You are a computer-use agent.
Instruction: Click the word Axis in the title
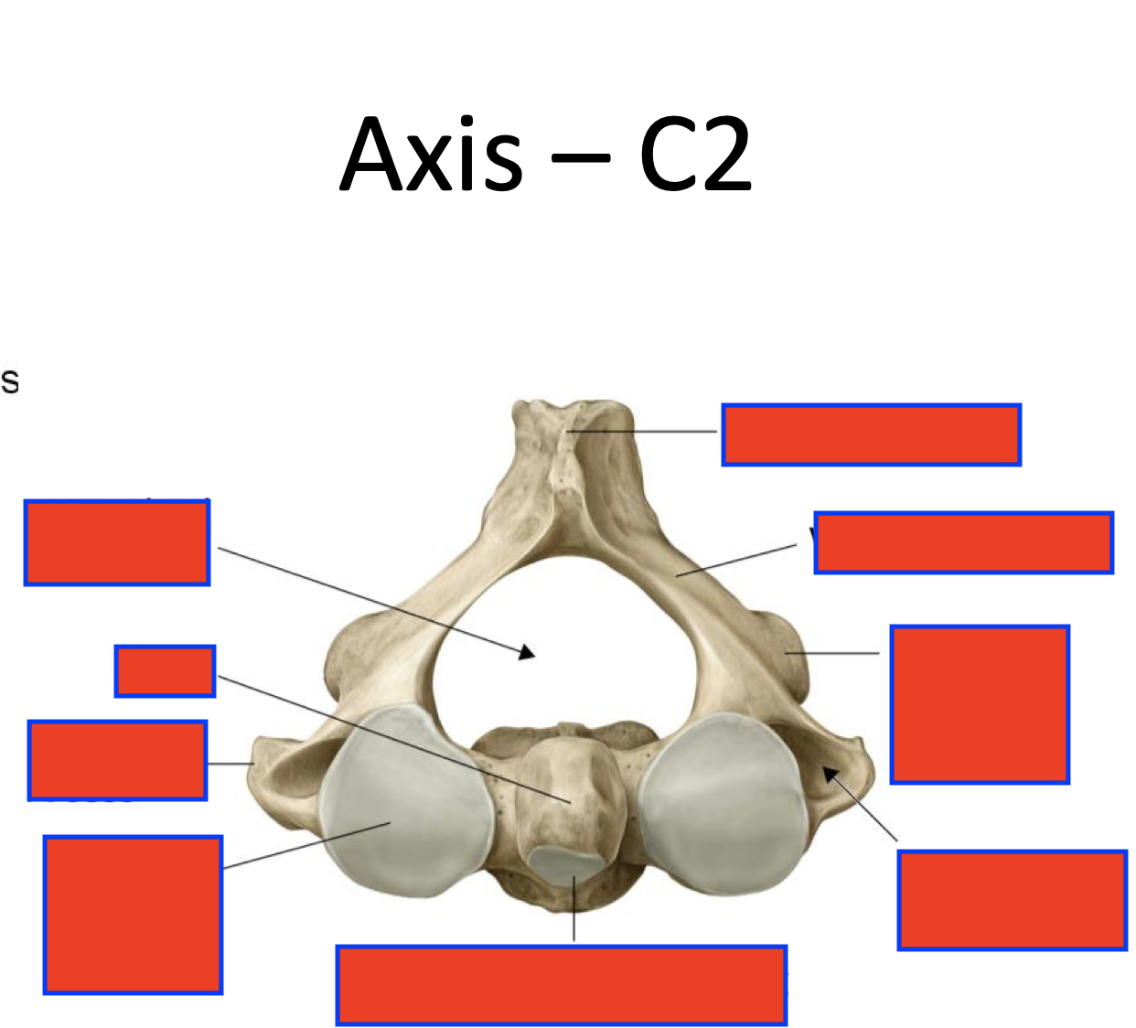click(431, 155)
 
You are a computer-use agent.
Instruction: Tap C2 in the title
click(695, 155)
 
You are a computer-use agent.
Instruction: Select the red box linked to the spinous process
click(871, 434)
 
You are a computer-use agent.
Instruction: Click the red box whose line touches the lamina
click(963, 543)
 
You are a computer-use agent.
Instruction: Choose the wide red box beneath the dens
click(561, 985)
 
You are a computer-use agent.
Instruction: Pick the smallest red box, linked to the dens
click(165, 670)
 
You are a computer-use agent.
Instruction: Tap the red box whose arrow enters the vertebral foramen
click(117, 542)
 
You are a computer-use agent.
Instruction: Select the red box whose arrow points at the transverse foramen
click(1012, 900)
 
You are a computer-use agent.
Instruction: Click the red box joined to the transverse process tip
click(117, 760)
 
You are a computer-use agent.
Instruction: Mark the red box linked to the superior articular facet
click(133, 914)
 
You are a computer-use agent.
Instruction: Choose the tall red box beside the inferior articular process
click(980, 704)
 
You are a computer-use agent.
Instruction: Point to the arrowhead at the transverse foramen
click(831, 776)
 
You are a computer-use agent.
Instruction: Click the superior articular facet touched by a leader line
click(402, 805)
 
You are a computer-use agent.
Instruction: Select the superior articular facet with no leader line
click(723, 805)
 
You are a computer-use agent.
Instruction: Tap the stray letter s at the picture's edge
click(9, 381)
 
